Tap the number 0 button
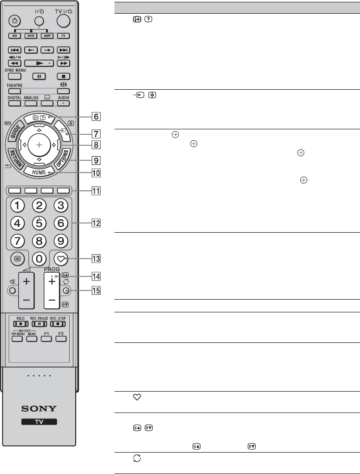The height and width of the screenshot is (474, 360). tap(39, 260)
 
